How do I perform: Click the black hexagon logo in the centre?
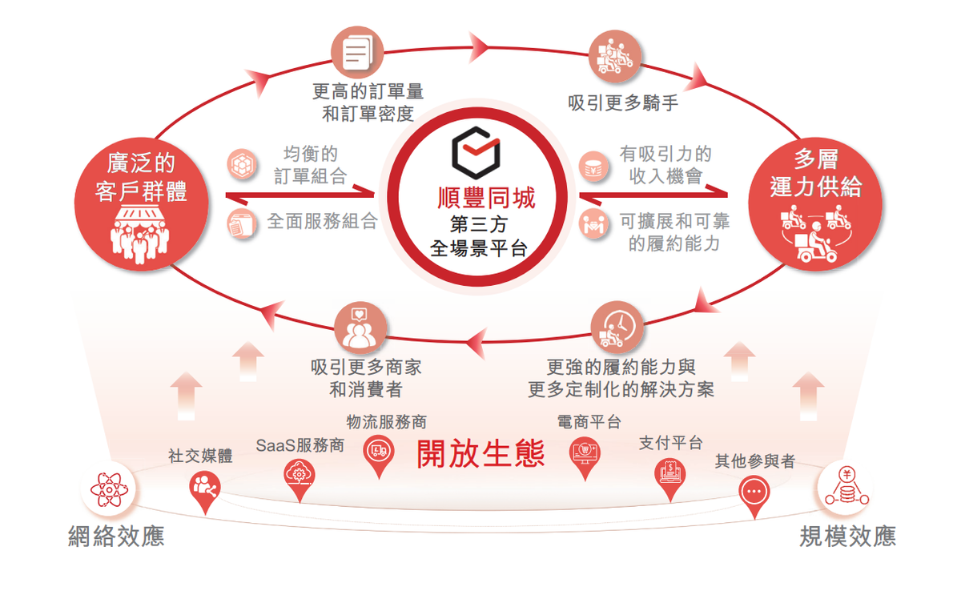coord(476,152)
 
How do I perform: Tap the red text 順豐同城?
coord(486,198)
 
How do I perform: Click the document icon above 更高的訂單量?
coord(357,52)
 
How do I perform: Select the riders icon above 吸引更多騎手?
coord(615,56)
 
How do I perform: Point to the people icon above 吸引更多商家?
coord(360,328)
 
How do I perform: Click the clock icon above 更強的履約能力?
coord(617,328)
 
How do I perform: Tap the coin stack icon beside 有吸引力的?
coord(593,166)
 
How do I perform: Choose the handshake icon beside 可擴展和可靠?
coord(593,223)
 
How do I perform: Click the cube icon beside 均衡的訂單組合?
coord(242,164)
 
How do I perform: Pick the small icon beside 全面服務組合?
coord(242,223)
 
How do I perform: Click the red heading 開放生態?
coord(480,454)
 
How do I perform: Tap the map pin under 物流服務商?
coord(378,456)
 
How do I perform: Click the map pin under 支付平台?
coord(669,479)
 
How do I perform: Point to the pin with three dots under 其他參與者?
coord(754,496)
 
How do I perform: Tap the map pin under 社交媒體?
coord(205,492)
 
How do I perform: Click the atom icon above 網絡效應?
coord(109,489)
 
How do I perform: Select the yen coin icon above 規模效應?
coord(846,487)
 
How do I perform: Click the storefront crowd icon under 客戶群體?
coord(140,234)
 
